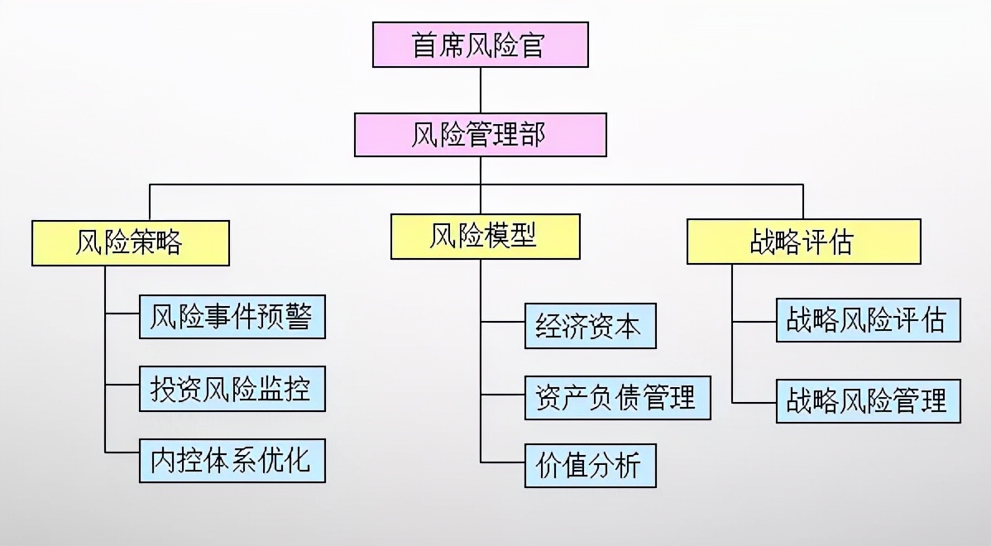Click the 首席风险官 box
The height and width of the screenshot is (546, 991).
pyautogui.click(x=480, y=45)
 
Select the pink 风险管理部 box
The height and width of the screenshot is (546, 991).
pyautogui.click(x=480, y=135)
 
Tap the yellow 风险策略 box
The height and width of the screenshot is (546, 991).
pyautogui.click(x=130, y=242)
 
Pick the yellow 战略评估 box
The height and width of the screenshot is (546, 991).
pyautogui.click(x=803, y=242)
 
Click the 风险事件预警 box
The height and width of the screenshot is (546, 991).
pyautogui.click(x=232, y=317)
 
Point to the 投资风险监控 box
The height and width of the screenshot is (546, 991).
pyautogui.click(x=232, y=389)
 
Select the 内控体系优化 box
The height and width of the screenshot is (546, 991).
pyautogui.click(x=232, y=460)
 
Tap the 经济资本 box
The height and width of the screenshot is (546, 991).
pyautogui.click(x=590, y=326)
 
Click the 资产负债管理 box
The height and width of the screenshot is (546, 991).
pyautogui.click(x=617, y=397)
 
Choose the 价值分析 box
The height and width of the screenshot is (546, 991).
pyautogui.click(x=590, y=467)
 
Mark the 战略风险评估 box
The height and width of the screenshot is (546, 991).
pyautogui.click(x=868, y=320)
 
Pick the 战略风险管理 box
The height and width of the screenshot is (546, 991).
pyautogui.click(x=868, y=401)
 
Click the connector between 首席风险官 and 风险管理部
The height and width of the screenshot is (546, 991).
pyautogui.click(x=480, y=90)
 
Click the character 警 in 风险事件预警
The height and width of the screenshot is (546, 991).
pyautogui.click(x=298, y=317)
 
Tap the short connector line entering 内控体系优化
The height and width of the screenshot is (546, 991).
pyautogui.click(x=122, y=452)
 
